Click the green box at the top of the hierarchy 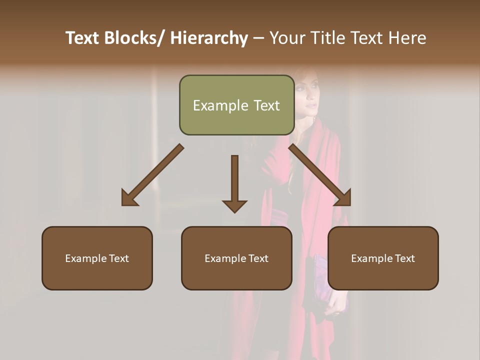[236, 105]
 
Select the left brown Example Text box [97, 258]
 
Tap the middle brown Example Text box [236, 258]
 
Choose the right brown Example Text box [383, 258]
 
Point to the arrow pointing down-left [152, 175]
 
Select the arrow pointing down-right [320, 175]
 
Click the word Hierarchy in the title [208, 38]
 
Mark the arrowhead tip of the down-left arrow [123, 205]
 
